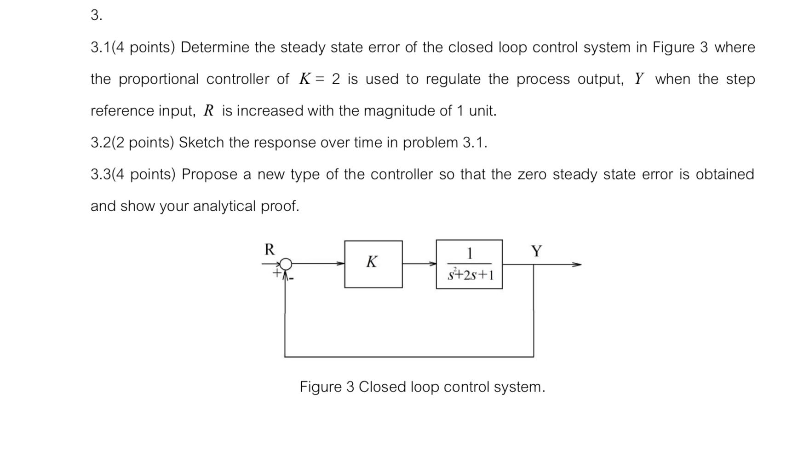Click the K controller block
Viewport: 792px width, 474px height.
373,264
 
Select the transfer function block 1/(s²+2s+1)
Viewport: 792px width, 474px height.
469,264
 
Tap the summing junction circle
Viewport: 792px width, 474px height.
286,264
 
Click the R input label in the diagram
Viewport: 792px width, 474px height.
270,249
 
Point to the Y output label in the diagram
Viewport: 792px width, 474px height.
536,251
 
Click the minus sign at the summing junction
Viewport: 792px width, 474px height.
292,278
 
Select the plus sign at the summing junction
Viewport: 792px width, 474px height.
277,273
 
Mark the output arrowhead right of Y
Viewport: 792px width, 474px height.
577,265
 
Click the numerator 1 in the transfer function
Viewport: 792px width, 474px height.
469,254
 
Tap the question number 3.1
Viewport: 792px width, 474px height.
101,47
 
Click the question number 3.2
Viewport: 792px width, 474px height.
101,143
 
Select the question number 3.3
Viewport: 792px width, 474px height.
101,174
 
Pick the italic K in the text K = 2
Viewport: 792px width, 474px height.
304,79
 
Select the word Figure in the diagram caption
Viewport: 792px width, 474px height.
321,387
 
